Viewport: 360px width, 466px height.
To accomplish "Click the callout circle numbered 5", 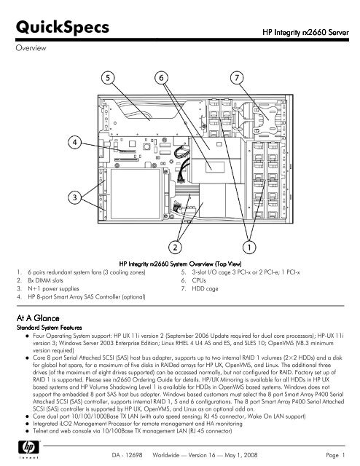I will click(x=106, y=76).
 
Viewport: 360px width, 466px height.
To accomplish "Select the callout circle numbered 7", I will click(x=237, y=76).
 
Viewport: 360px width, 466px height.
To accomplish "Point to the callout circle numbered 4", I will click(x=75, y=143).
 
